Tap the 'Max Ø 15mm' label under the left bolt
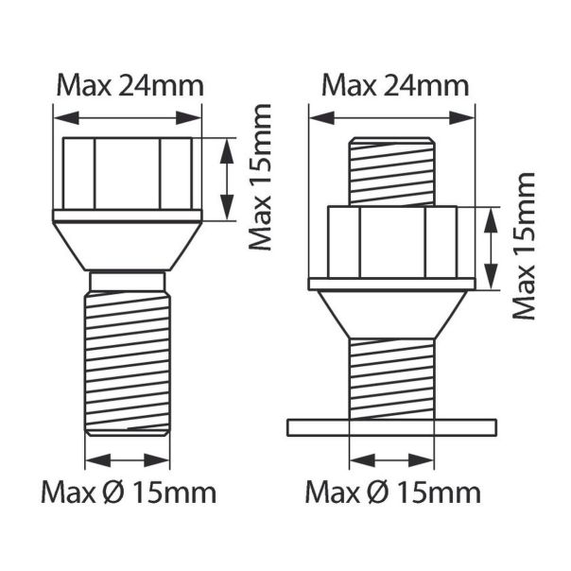coord(129,493)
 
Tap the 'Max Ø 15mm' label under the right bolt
coord(393,493)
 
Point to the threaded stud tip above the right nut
coord(391,170)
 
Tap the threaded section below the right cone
coord(391,378)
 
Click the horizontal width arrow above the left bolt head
coord(128,117)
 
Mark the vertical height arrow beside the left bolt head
coord(225,178)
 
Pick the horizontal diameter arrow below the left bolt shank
coord(128,460)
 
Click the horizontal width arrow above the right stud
coord(391,118)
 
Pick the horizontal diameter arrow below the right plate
coord(391,460)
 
